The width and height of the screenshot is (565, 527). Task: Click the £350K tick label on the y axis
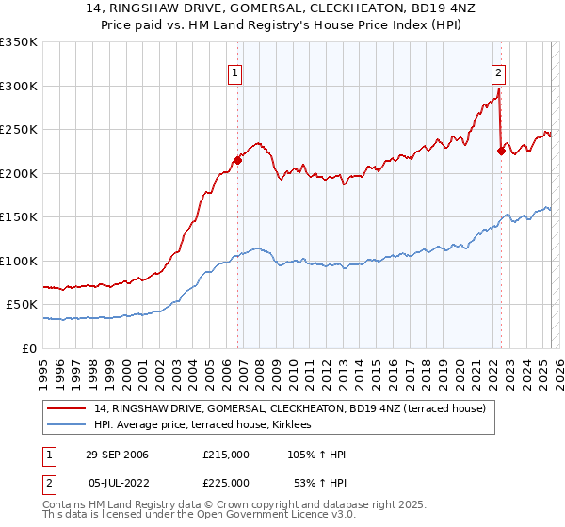19,42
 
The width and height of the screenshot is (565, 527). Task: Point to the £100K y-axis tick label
19,261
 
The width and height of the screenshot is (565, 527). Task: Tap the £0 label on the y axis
29,348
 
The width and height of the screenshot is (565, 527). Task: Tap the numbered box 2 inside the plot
497,72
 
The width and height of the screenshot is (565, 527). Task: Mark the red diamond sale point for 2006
238,160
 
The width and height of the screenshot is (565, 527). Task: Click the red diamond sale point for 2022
501,152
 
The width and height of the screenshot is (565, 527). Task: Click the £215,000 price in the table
226,455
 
